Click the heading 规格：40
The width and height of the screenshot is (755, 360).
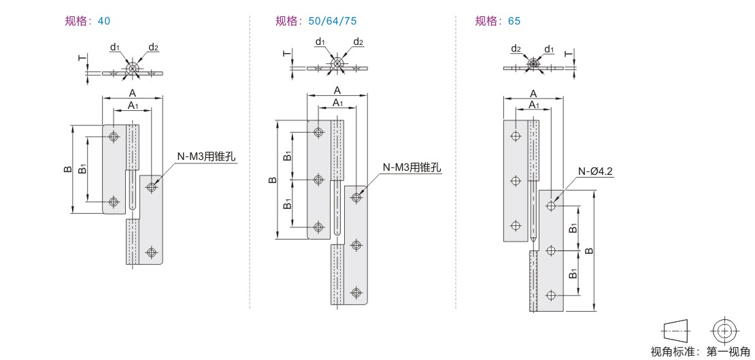85,21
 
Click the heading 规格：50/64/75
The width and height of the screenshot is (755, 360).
316,21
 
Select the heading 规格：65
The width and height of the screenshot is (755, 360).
498,21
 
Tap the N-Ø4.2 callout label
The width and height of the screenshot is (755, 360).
596,171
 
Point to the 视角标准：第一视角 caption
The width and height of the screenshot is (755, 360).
701,351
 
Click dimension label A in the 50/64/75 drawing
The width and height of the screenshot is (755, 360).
337,90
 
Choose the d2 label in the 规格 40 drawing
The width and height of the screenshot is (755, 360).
154,47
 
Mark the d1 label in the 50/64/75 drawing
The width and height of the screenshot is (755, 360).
320,42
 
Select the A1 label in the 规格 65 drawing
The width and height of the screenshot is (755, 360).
534,105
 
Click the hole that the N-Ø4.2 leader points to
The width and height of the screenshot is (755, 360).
550,205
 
